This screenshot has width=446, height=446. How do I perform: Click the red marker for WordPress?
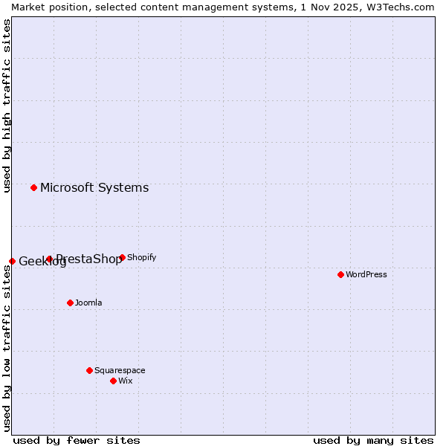tap(340, 274)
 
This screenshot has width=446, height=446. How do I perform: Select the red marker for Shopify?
tap(122, 257)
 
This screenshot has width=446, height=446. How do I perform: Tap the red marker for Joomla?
tap(70, 303)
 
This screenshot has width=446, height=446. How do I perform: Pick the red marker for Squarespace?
tap(89, 370)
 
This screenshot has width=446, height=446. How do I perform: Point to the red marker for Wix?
tap(113, 381)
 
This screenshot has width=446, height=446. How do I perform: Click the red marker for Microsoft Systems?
tap(33, 187)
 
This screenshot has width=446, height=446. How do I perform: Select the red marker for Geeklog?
tap(12, 261)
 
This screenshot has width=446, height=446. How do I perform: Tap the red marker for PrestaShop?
tap(49, 259)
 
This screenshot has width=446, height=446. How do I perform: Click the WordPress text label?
tap(366, 274)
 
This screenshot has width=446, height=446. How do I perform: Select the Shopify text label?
tap(141, 257)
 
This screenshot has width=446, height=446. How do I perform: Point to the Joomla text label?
tap(88, 303)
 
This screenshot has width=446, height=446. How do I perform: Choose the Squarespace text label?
tap(120, 370)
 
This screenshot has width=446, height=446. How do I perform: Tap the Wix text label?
tap(125, 381)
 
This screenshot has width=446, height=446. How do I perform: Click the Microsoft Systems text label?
tap(94, 187)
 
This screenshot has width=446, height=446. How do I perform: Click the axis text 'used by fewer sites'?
tap(77, 440)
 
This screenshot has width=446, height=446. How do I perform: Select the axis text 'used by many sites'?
tap(373, 440)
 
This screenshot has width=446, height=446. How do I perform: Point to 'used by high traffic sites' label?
tap(7, 106)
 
